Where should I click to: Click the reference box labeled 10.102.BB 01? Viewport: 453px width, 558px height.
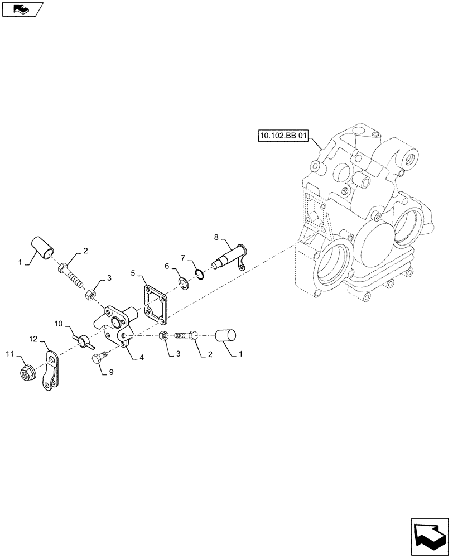283,136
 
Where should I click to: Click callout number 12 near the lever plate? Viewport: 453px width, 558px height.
34,339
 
